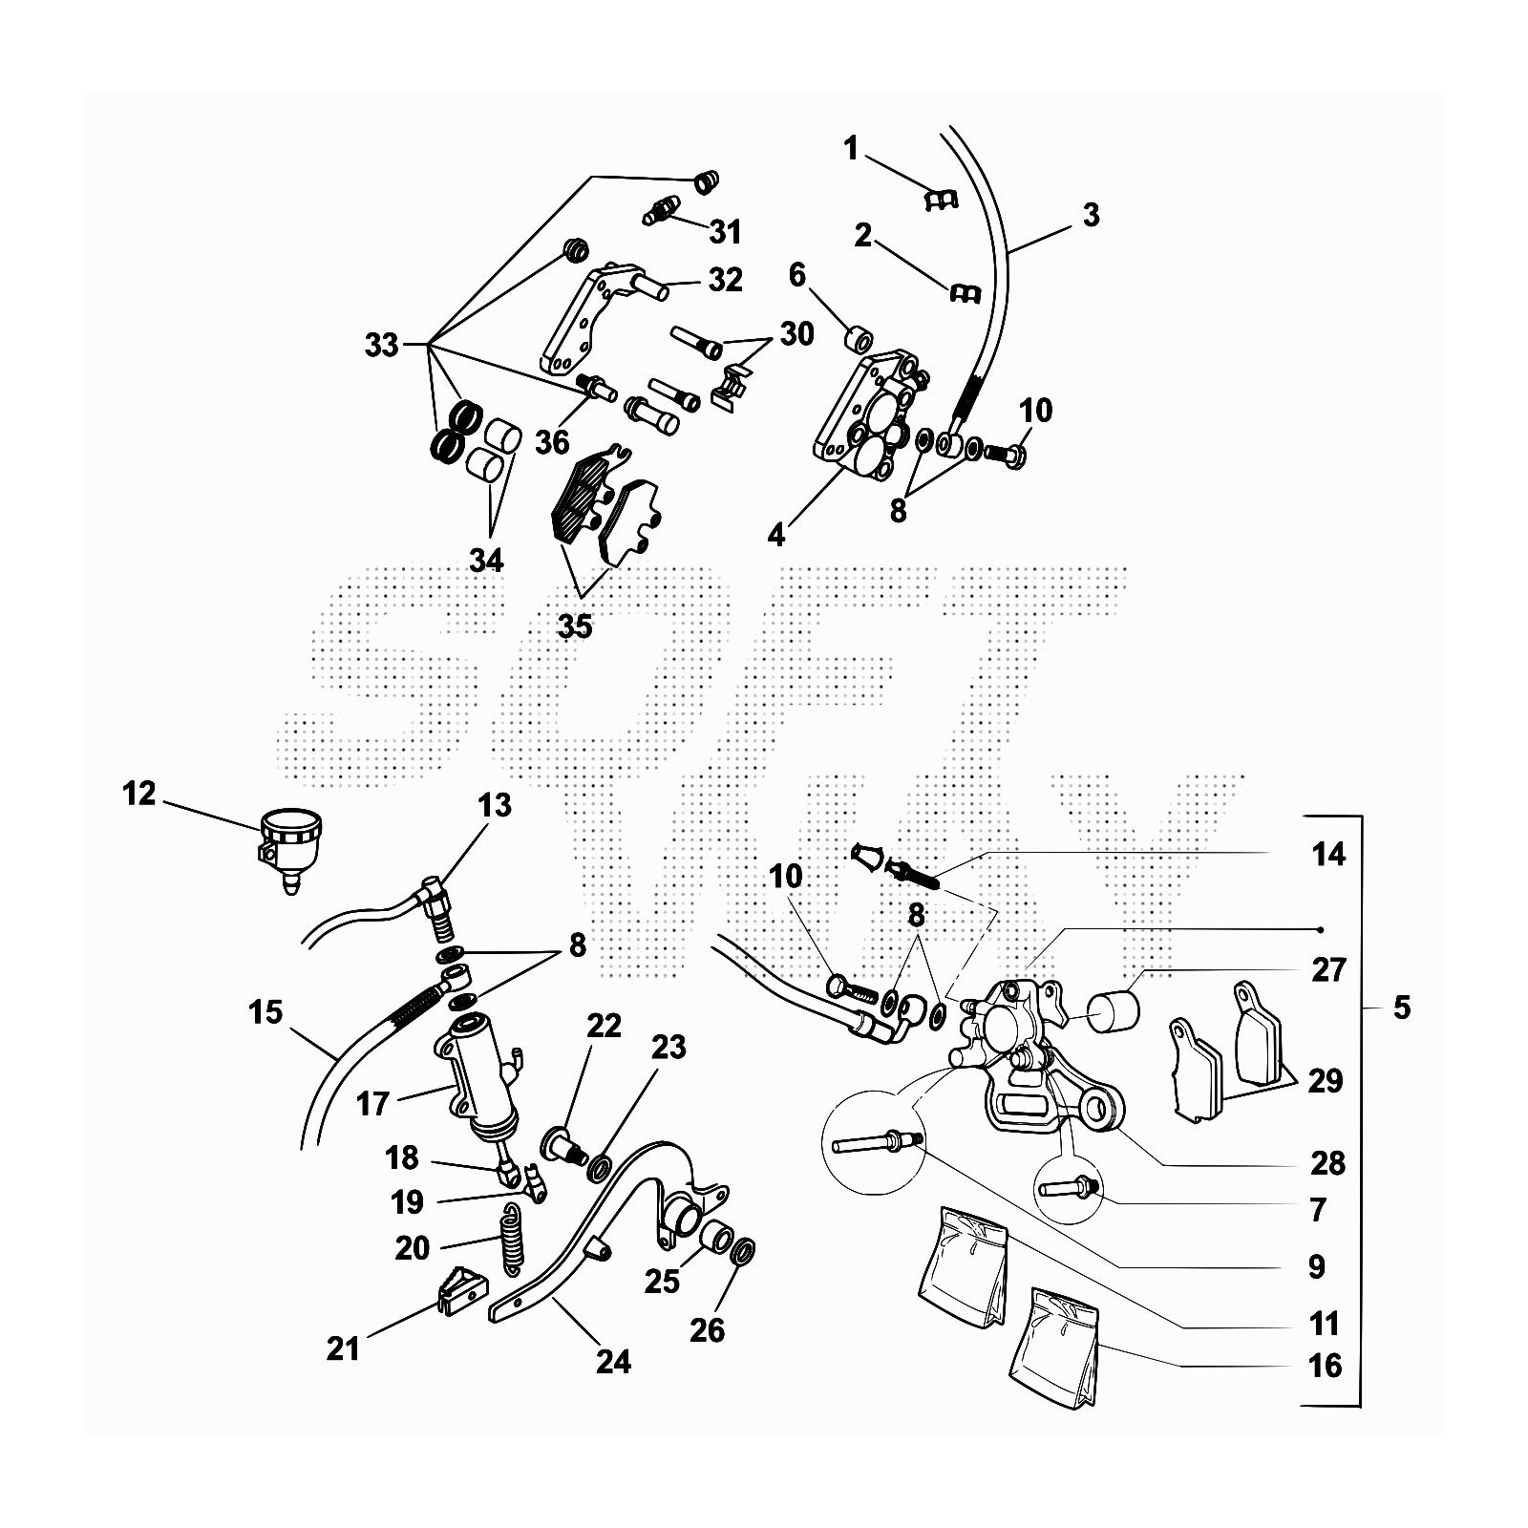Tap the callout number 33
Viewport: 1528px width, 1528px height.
click(x=381, y=345)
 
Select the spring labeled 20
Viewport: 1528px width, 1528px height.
click(x=513, y=1237)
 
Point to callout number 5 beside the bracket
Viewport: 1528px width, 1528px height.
click(x=1401, y=1008)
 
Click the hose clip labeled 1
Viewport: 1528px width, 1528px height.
click(x=941, y=198)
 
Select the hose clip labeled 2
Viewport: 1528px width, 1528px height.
click(x=965, y=293)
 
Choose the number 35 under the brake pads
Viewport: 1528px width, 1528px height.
click(x=575, y=626)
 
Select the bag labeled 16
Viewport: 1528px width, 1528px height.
click(x=1053, y=1347)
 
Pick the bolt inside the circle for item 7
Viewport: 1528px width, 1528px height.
click(x=1067, y=1189)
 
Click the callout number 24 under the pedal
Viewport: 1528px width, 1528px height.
click(x=613, y=1361)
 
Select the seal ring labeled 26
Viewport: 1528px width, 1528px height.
click(x=743, y=1250)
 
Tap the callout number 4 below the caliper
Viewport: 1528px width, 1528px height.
click(x=776, y=536)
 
